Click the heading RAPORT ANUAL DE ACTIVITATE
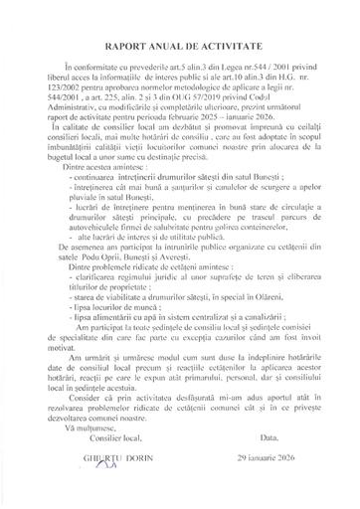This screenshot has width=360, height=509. point(179,45)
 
